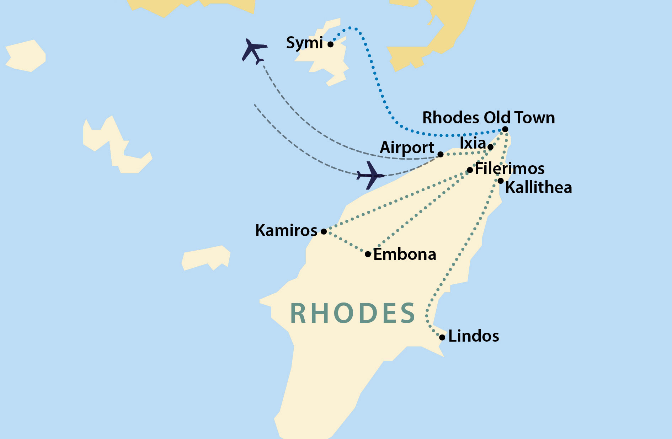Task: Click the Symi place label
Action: click(304, 43)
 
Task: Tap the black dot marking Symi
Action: click(330, 44)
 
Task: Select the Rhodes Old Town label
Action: click(488, 118)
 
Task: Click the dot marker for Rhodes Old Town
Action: click(505, 129)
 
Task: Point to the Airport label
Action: click(407, 148)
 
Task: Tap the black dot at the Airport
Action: click(440, 154)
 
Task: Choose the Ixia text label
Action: click(473, 143)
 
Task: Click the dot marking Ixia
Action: click(490, 147)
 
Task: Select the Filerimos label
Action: click(510, 168)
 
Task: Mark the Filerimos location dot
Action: click(470, 170)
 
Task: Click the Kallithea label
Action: click(538, 187)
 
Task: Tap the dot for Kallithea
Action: click(501, 181)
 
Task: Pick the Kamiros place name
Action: click(286, 230)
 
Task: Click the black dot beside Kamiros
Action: click(324, 231)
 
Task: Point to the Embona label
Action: click(405, 254)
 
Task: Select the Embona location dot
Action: click(368, 254)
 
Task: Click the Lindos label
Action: click(473, 336)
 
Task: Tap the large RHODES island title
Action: click(352, 314)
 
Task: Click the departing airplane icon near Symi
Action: click(254, 51)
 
